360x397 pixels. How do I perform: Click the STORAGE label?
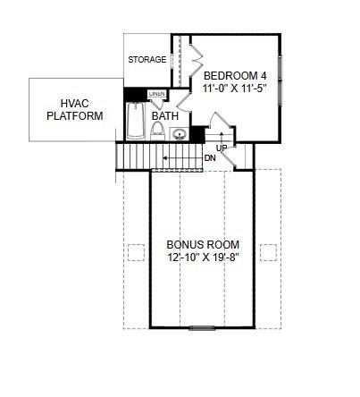point(147,60)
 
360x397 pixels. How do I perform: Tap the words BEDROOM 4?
point(235,76)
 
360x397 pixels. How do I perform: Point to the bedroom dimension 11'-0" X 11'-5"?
point(235,89)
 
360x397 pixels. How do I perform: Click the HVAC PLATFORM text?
point(75,109)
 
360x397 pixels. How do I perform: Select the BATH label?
point(164,116)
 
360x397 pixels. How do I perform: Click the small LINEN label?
point(157,94)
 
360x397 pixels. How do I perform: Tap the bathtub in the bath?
point(136,121)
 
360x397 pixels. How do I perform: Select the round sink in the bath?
point(179,135)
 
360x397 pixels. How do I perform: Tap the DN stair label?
point(210,158)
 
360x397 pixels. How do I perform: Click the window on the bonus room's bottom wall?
point(203,328)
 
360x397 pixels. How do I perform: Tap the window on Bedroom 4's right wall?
point(281,80)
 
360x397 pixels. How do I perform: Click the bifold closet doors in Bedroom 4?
point(196,60)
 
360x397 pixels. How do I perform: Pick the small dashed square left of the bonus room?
point(136,251)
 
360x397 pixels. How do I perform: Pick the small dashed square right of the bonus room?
point(267,251)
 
